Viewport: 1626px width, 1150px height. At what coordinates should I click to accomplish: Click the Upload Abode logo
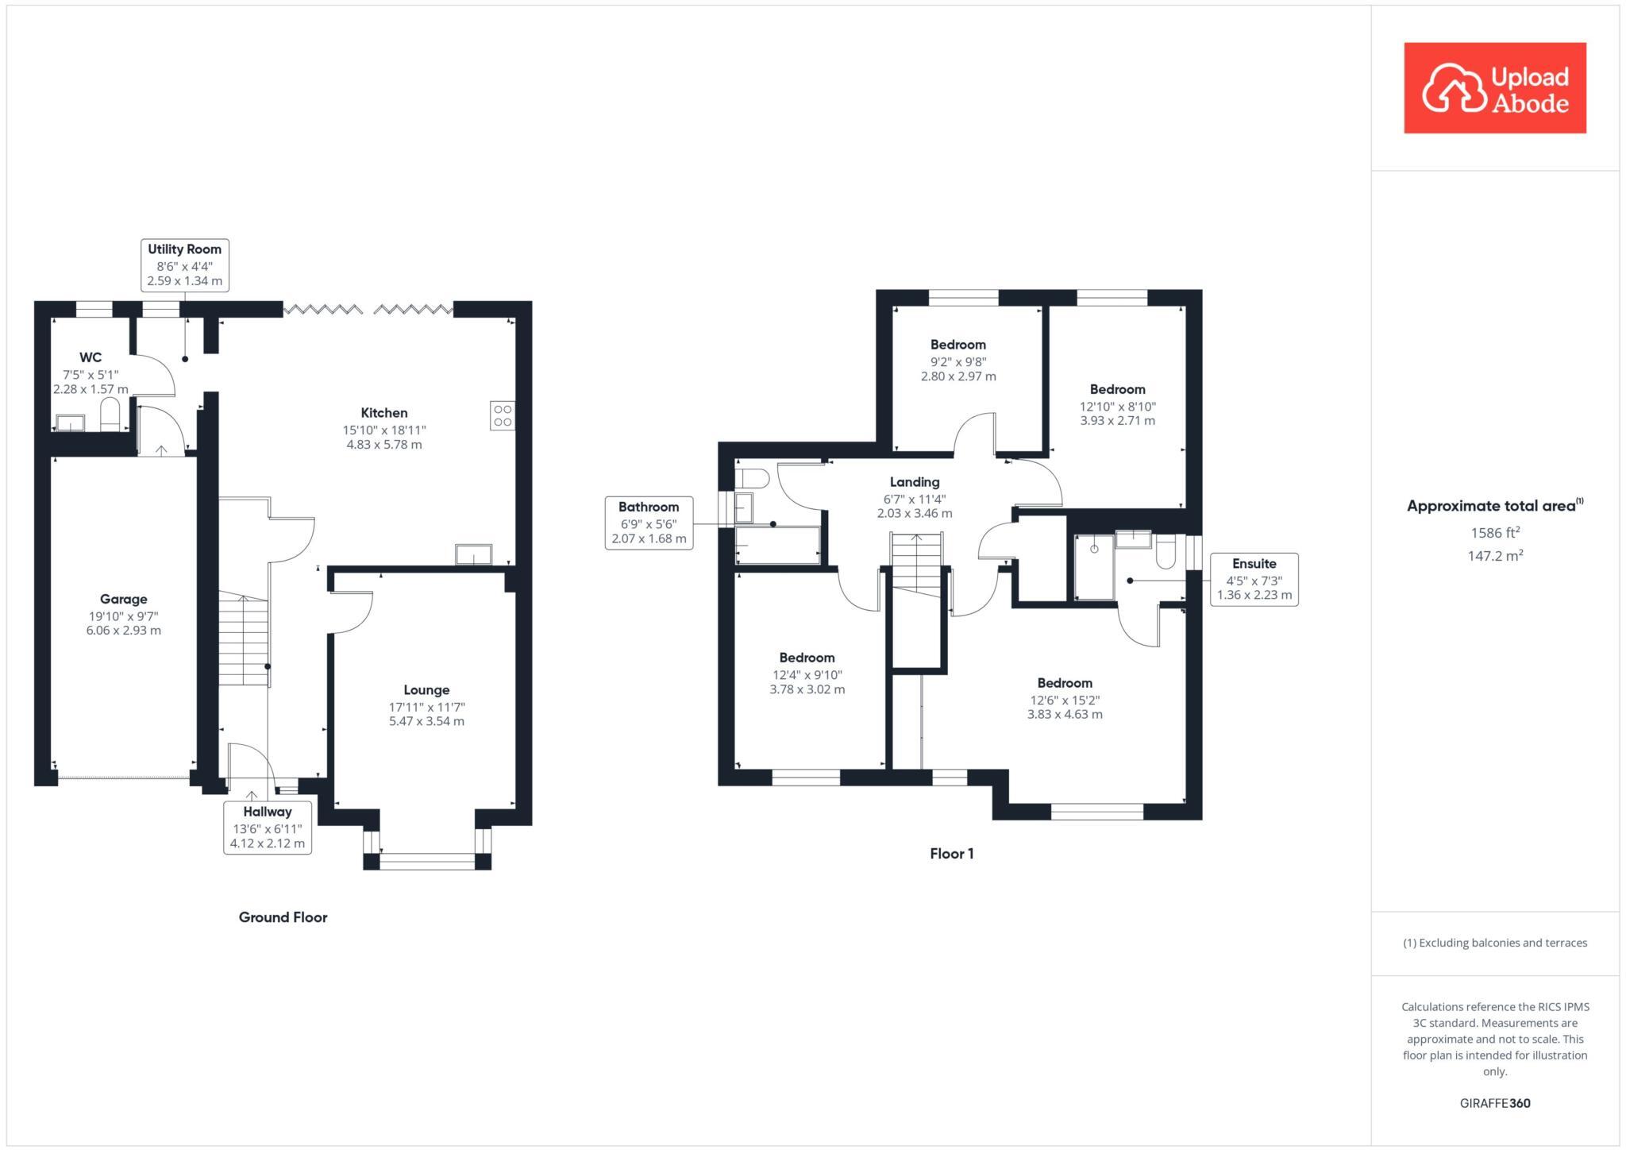pyautogui.click(x=1494, y=88)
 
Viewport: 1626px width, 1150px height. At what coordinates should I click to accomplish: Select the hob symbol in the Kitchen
pyautogui.click(x=502, y=415)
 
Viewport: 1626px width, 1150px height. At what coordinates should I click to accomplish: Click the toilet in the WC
pyautogui.click(x=110, y=415)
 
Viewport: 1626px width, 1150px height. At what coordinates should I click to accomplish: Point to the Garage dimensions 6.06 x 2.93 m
pyautogui.click(x=123, y=631)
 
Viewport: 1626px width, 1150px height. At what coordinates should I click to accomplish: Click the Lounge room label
pyautogui.click(x=426, y=690)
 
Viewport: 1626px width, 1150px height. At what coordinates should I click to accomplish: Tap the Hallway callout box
pyautogui.click(x=267, y=828)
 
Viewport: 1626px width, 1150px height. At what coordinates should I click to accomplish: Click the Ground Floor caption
pyautogui.click(x=283, y=917)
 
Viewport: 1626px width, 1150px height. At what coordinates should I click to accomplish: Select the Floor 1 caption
pyautogui.click(x=951, y=854)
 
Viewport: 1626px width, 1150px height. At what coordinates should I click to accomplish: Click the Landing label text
pyautogui.click(x=914, y=482)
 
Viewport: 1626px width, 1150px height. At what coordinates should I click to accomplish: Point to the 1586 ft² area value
pyautogui.click(x=1494, y=533)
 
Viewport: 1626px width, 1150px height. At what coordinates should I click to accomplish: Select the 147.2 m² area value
pyautogui.click(x=1494, y=556)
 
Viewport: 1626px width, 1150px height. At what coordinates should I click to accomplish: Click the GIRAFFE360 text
pyautogui.click(x=1494, y=1103)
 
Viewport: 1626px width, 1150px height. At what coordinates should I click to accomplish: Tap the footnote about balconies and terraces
pyautogui.click(x=1494, y=943)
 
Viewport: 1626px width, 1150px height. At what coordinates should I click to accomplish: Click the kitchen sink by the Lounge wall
pyautogui.click(x=473, y=554)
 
